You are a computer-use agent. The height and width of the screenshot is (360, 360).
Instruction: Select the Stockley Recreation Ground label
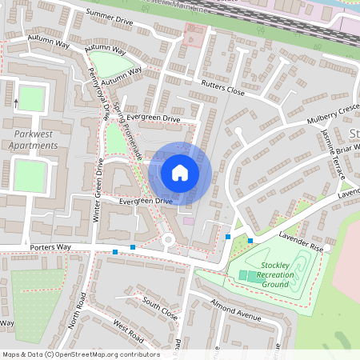coord(276,274)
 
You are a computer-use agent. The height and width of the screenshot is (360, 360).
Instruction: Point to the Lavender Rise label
coord(300,242)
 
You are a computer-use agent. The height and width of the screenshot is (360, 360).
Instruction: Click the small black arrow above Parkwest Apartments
coord(15,102)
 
